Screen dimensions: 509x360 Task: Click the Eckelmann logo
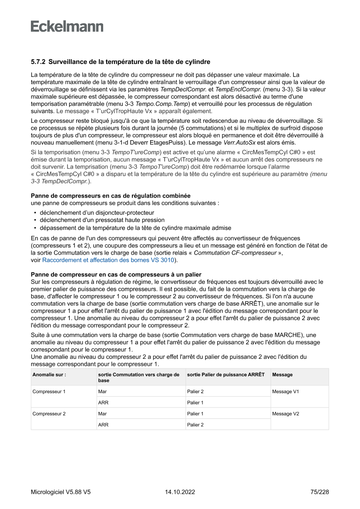67,26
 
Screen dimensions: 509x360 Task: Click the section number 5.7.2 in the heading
38,62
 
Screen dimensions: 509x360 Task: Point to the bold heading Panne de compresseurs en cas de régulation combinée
111,196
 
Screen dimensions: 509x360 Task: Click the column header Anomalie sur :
49,374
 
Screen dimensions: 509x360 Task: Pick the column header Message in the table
283,374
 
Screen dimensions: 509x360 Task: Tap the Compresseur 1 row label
49,391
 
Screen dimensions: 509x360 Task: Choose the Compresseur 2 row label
49,414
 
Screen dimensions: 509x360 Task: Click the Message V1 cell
286,391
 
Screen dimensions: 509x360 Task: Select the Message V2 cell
286,414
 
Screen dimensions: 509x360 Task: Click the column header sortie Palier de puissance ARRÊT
225,374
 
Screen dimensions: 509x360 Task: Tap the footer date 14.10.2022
180,492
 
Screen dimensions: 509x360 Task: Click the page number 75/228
320,492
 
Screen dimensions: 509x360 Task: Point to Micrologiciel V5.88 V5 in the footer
61,492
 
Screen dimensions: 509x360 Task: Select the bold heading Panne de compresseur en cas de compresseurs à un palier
116,275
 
